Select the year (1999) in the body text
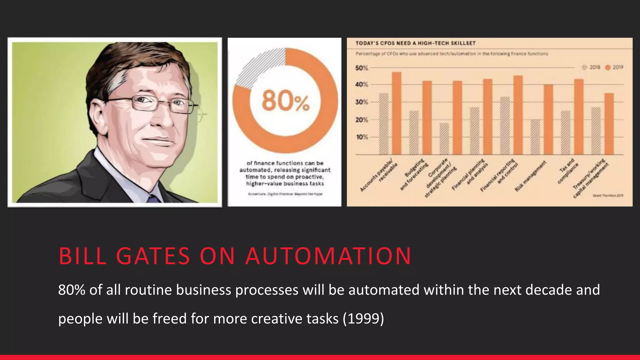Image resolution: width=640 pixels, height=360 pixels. pos(363,319)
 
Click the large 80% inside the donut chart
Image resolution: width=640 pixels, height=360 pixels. pos(285,101)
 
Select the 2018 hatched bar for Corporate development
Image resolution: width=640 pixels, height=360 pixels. pos(444,139)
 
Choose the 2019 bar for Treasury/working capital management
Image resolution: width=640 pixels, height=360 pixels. pos(609,124)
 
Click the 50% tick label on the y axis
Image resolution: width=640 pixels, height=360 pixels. pos(362,68)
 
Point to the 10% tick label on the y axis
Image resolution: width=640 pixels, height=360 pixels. pos(362,137)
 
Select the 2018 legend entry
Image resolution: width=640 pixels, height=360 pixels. pos(591,67)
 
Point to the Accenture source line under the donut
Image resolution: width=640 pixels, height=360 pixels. pos(285,194)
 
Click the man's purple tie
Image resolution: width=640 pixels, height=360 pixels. pos(153,199)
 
